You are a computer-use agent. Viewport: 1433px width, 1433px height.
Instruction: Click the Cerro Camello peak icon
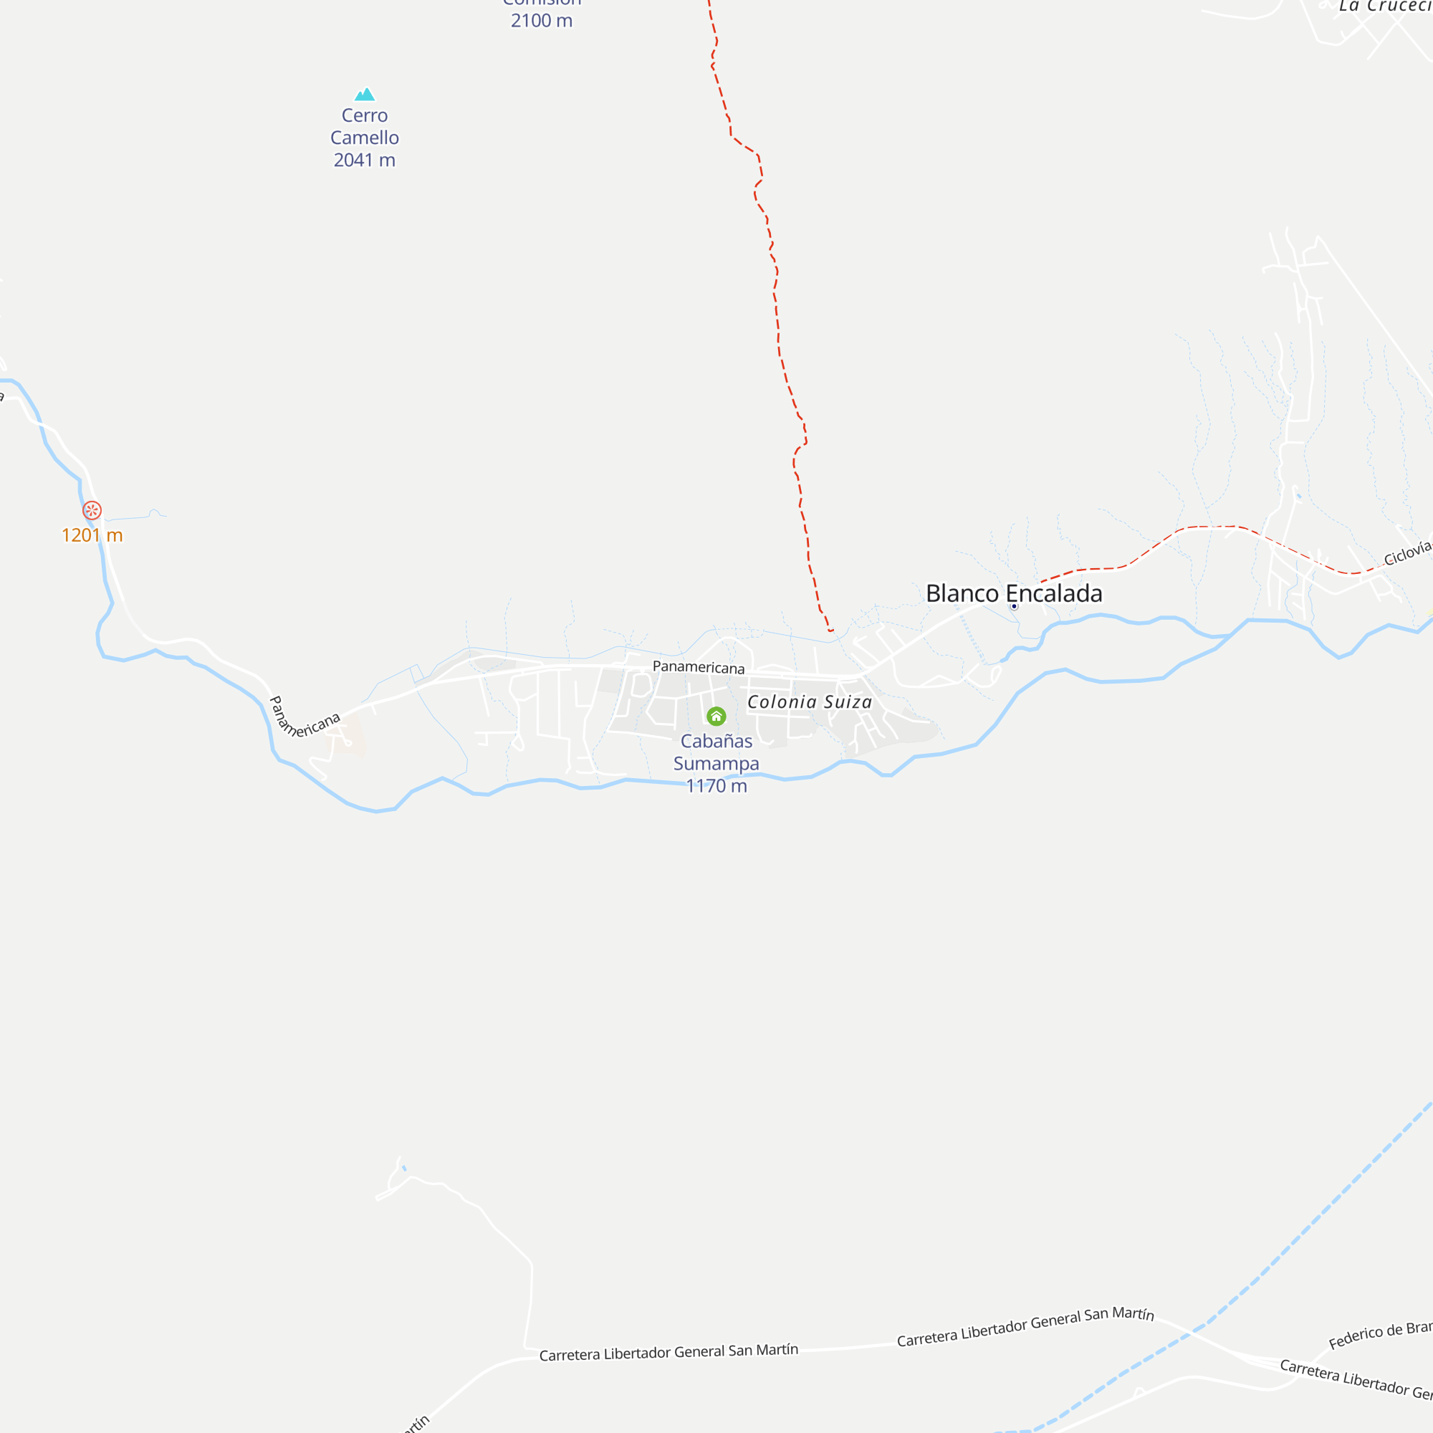(x=364, y=94)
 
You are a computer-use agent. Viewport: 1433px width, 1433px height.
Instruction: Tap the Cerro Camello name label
(x=364, y=126)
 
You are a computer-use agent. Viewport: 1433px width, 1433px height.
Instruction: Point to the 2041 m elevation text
(x=364, y=160)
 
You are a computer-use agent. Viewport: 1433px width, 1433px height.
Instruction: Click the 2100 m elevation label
(x=542, y=21)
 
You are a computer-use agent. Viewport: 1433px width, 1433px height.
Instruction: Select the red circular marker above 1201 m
(x=92, y=510)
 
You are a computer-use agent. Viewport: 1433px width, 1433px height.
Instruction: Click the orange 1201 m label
(x=92, y=535)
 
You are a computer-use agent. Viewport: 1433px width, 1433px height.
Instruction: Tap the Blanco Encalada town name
(x=1013, y=593)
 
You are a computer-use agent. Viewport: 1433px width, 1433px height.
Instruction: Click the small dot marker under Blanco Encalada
(x=1014, y=607)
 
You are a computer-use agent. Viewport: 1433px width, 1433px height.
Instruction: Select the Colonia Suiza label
(x=809, y=701)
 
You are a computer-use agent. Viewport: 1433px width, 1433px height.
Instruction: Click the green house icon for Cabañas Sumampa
(x=716, y=716)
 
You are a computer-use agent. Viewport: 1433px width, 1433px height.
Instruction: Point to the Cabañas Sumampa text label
(x=716, y=752)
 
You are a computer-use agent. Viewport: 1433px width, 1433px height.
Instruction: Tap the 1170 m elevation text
(x=716, y=786)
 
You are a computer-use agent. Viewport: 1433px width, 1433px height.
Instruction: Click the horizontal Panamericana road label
(x=698, y=667)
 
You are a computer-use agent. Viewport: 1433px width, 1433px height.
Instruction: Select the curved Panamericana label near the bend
(x=300, y=721)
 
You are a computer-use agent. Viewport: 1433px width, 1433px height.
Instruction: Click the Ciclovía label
(x=1407, y=553)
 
